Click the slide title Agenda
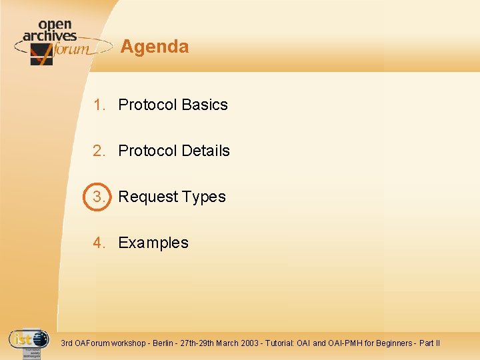[155, 47]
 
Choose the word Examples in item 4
[153, 243]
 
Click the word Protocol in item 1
[147, 105]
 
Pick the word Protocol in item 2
[147, 151]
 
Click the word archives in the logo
[49, 36]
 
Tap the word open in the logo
[55, 25]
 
